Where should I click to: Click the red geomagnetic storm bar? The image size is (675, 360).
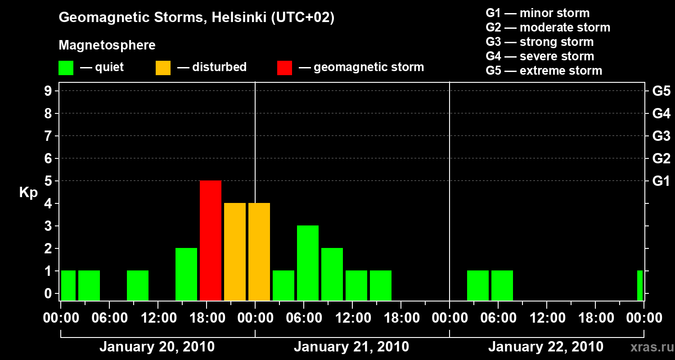(211, 240)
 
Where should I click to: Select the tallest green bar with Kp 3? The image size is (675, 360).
(308, 263)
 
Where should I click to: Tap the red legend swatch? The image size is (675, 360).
(284, 68)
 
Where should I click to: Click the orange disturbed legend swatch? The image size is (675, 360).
(163, 68)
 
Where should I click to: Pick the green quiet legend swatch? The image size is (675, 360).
(66, 68)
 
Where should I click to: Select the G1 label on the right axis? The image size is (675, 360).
(661, 181)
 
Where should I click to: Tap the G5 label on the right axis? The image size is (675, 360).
(661, 91)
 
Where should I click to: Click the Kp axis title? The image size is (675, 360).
(28, 193)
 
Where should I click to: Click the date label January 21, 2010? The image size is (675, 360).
(351, 347)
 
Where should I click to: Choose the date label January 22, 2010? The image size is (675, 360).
(546, 347)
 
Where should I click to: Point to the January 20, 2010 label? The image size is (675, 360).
(157, 347)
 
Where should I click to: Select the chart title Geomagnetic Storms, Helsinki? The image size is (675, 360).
(197, 18)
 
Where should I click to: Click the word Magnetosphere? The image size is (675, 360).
(107, 45)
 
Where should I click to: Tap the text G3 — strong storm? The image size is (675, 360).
(540, 42)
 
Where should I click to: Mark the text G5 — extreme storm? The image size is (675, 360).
(544, 71)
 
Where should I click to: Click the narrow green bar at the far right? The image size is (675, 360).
(640, 285)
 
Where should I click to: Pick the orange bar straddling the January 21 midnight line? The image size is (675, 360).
(259, 252)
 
